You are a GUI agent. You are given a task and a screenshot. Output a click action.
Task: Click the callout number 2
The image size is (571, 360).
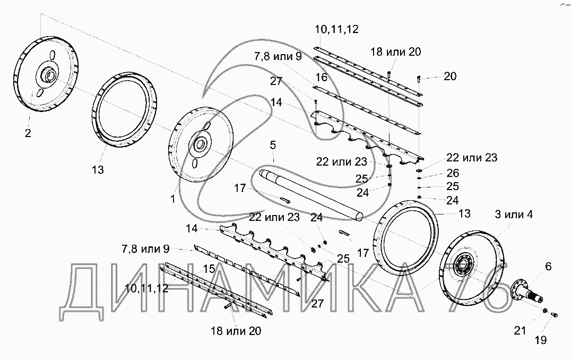28,133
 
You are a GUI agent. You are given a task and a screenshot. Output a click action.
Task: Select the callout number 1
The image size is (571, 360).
172,199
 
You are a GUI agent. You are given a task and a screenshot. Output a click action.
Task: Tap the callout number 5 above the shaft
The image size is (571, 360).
273,145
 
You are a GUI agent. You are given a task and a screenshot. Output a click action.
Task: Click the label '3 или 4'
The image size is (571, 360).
514,215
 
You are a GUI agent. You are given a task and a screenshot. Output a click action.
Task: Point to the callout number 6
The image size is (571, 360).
548,267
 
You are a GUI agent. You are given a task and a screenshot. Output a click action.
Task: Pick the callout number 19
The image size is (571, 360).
541,340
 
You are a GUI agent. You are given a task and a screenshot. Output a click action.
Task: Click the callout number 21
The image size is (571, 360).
520,330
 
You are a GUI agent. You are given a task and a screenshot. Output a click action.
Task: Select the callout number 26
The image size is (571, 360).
453,173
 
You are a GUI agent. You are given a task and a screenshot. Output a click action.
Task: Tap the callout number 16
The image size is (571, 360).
322,77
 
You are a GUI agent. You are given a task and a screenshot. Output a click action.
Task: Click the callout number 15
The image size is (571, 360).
209,269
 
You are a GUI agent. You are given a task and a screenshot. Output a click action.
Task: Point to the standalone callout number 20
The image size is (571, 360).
450,76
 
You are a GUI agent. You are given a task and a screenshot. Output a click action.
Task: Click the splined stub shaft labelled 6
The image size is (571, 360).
527,290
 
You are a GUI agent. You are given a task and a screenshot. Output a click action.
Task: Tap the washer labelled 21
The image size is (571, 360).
546,311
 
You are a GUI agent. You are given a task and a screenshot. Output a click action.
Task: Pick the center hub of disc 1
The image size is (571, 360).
200,144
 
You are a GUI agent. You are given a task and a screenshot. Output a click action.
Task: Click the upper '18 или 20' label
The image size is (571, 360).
396,52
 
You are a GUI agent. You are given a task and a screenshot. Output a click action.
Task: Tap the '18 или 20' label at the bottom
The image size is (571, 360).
236,331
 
